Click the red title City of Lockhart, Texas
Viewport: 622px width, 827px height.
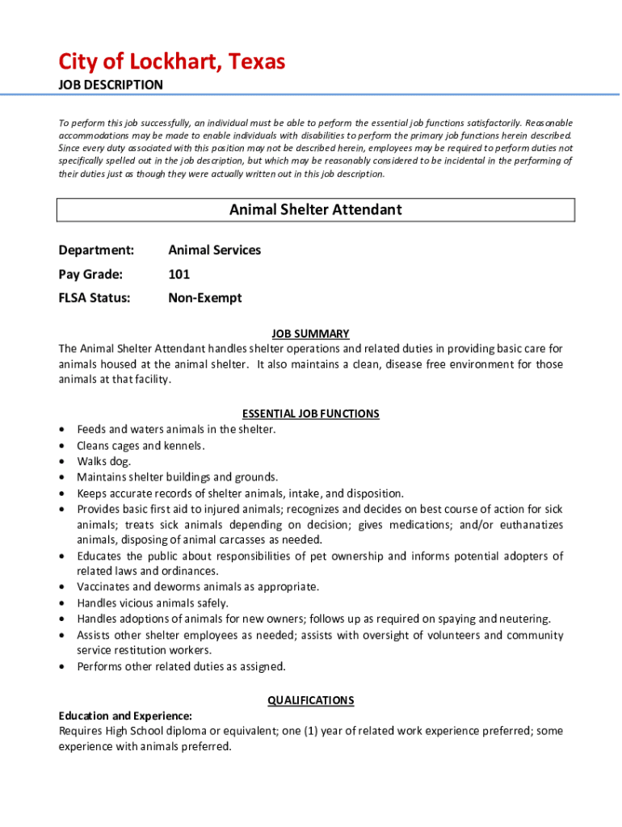click(171, 61)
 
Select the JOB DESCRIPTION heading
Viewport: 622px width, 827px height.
click(111, 85)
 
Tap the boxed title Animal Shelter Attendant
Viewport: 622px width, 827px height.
click(315, 210)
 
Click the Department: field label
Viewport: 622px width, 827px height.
click(96, 250)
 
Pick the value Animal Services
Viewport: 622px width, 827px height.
click(214, 250)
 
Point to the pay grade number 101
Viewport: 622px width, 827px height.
click(179, 275)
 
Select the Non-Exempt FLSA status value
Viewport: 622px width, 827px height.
click(204, 298)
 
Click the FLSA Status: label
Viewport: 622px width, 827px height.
click(95, 298)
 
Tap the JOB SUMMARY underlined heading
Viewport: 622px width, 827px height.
click(310, 334)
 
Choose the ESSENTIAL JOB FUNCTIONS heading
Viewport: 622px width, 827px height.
click(310, 413)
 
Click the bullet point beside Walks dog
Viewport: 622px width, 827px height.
click(62, 462)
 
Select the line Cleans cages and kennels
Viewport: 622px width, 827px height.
click(141, 446)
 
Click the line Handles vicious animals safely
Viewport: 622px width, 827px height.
click(153, 603)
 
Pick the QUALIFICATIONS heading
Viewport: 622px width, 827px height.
click(310, 700)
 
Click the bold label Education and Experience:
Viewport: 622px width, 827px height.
click(125, 716)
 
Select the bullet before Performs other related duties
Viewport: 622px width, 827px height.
click(62, 667)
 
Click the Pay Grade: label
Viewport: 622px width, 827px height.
click(90, 275)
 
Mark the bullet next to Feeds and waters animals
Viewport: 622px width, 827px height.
click(62, 430)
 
